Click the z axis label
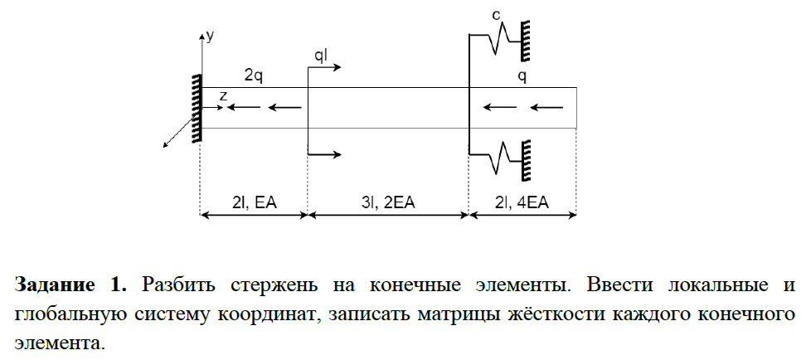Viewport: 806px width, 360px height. pos(222,96)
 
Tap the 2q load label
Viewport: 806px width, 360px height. pos(254,76)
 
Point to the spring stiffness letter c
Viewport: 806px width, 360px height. pos(496,16)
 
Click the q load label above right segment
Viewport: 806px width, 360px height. pos(522,76)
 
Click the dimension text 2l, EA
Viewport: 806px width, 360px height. pos(255,202)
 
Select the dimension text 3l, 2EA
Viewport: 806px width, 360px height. pos(387,202)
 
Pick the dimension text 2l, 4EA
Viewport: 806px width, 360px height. pos(522,202)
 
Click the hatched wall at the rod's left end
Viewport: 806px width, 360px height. pos(197,108)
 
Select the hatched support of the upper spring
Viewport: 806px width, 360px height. pos(526,40)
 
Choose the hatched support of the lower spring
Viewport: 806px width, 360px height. pos(526,160)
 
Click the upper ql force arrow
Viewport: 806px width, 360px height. pos(324,67)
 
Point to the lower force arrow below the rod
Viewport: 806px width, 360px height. pos(324,154)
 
